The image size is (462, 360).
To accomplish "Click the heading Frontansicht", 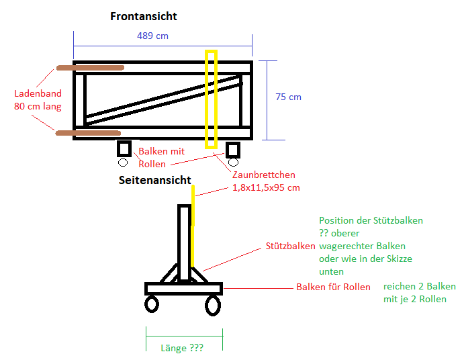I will coord(144,16).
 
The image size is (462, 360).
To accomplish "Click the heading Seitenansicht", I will coord(154,180).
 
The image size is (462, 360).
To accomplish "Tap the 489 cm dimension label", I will coord(152,36).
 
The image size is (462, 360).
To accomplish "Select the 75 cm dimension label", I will coord(288,97).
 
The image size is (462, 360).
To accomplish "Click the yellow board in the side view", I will coord(193,228).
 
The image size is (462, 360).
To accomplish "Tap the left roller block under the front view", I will coord(124,149).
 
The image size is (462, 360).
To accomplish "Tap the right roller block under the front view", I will coord(233,149).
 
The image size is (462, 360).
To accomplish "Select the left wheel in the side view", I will coord(152,304).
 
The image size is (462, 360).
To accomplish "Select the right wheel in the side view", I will coord(212,306).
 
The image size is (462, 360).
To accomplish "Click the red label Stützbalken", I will coord(291,246).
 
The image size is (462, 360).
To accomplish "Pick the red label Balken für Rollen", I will coord(333,287).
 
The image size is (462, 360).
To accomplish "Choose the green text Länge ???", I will coord(182,348).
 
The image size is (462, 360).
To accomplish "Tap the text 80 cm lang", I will coord(38,105).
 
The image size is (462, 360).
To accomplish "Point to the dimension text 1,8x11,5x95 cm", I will coord(266,187).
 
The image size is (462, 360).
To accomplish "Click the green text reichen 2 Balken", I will coord(419,286).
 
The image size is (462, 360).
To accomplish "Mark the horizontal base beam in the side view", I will coord(183,289).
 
